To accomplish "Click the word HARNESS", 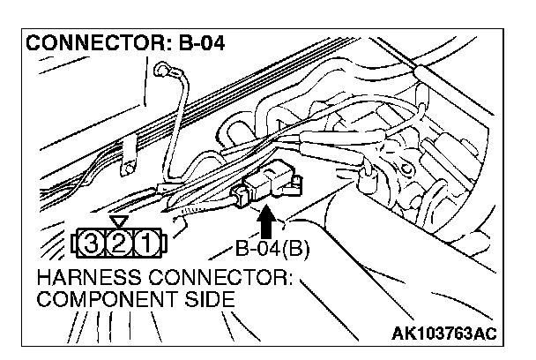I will tap(80, 281).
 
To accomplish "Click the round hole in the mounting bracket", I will tap(127, 165).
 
